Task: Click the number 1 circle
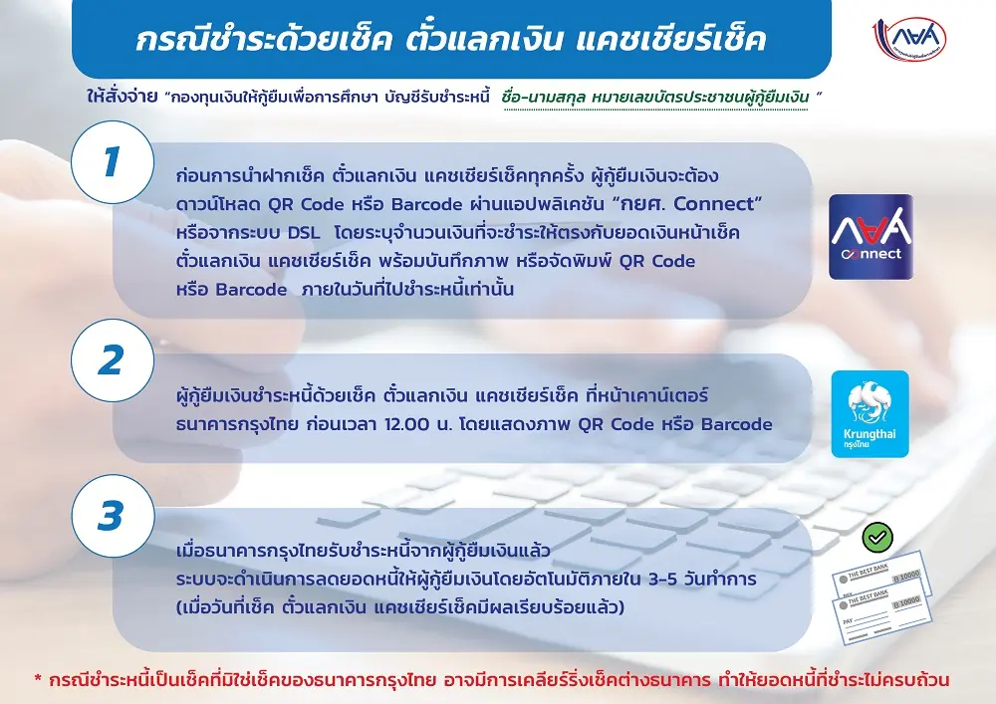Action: coord(113,162)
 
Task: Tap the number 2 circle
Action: coord(113,359)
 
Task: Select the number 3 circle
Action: coord(113,516)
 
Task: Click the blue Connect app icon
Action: coord(871,237)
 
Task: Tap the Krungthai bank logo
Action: coord(871,414)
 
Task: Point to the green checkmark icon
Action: coord(877,538)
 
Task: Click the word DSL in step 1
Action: coord(304,233)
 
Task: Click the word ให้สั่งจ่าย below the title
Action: coord(122,98)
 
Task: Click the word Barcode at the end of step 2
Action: coord(737,424)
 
